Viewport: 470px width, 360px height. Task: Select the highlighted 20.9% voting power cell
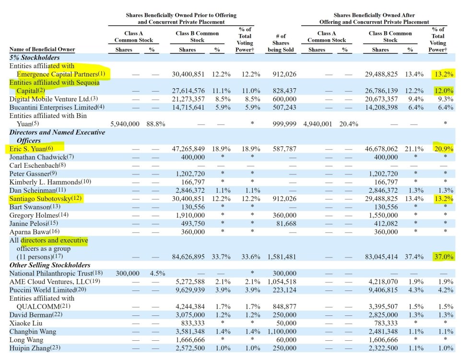[444, 149]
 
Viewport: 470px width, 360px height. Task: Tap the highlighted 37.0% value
[444, 256]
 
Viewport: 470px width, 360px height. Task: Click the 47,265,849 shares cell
[188, 149]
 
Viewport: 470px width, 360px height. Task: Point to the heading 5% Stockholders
[35, 58]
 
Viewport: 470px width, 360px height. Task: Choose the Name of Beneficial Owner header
[42, 49]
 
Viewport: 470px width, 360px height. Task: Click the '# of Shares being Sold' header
[281, 43]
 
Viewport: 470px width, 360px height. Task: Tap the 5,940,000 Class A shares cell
[125, 124]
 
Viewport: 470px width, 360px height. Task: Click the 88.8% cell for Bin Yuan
[156, 124]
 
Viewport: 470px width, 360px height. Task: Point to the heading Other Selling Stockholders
[50, 265]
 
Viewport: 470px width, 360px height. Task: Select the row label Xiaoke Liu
[26, 323]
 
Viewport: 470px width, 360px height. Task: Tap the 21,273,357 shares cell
[188, 99]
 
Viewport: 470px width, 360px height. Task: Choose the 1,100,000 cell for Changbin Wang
[282, 332]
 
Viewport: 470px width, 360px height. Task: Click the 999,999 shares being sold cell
[284, 124]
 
